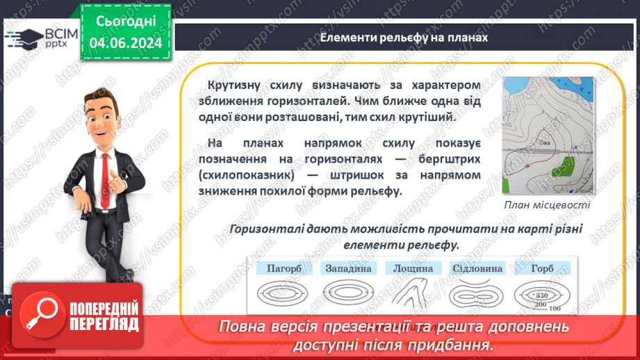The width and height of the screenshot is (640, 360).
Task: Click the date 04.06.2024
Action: pos(125,43)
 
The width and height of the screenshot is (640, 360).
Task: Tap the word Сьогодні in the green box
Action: pos(125,22)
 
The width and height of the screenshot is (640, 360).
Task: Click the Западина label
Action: pos(347,268)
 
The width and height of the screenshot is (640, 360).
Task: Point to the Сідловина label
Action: pos(478,268)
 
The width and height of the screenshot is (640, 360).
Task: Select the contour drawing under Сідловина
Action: pos(478,293)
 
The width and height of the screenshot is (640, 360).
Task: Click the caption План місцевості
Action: pos(548,205)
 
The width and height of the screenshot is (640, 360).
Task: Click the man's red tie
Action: pos(105,174)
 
